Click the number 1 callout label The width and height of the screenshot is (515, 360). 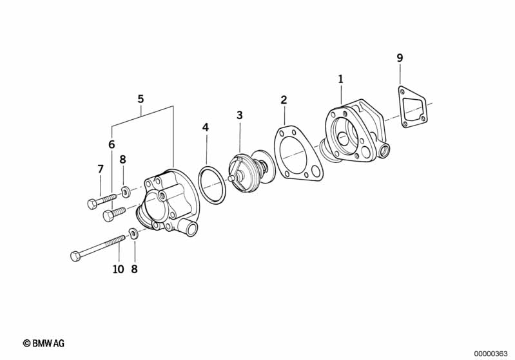click(x=341, y=79)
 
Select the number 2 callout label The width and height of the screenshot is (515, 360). click(x=284, y=100)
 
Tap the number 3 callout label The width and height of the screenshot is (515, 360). click(x=239, y=115)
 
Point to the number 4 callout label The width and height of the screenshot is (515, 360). click(x=206, y=127)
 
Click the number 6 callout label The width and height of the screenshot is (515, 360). click(x=112, y=144)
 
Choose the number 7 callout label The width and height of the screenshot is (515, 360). click(x=100, y=169)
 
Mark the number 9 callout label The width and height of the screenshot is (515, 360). click(x=400, y=59)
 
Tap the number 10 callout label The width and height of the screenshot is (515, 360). click(x=118, y=269)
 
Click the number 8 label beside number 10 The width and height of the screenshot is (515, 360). click(x=134, y=269)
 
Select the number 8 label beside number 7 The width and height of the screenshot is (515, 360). click(x=122, y=160)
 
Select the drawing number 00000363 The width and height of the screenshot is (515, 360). click(x=491, y=353)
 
